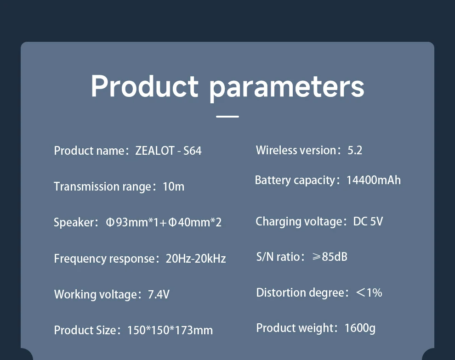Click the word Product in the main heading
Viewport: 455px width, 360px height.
[144, 86]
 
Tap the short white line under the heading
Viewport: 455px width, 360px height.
[227, 117]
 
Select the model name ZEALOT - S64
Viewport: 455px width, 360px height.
[168, 151]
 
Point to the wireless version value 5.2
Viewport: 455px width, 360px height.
[355, 150]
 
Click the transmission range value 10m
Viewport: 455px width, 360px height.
[174, 186]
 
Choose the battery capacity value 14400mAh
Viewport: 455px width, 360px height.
[374, 180]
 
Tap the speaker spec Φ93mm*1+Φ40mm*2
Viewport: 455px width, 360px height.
[164, 222]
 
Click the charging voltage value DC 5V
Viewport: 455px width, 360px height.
[368, 221]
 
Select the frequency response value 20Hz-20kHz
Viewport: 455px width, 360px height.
[196, 258]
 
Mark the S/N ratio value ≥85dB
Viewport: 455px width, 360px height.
[330, 257]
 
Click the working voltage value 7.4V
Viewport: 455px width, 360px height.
[159, 294]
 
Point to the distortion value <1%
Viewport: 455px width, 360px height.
[369, 292]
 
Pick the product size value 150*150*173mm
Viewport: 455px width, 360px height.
[170, 330]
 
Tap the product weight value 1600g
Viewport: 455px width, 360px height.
[360, 328]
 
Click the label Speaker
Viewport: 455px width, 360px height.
[74, 223]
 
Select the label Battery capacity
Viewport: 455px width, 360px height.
[295, 180]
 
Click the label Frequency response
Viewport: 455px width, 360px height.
[104, 259]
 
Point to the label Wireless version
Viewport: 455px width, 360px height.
[296, 150]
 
